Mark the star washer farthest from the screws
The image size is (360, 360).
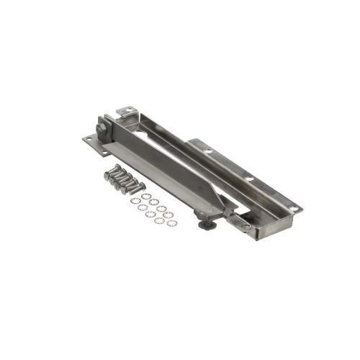click(171, 222)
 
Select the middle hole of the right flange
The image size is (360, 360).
click(248, 178)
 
